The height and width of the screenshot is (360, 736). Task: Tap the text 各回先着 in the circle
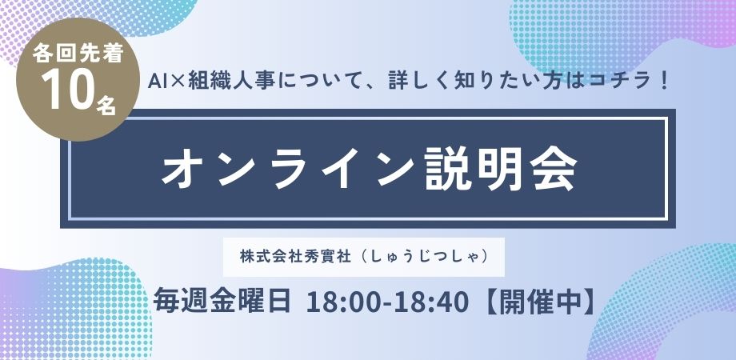(x=78, y=54)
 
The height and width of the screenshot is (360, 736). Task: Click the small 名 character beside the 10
(x=106, y=104)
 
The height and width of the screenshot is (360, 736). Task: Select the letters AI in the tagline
(x=156, y=82)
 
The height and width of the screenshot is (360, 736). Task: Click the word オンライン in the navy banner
(x=287, y=170)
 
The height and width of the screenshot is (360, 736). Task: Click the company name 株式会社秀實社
(x=295, y=258)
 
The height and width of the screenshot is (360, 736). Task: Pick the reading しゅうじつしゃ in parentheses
(x=421, y=258)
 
